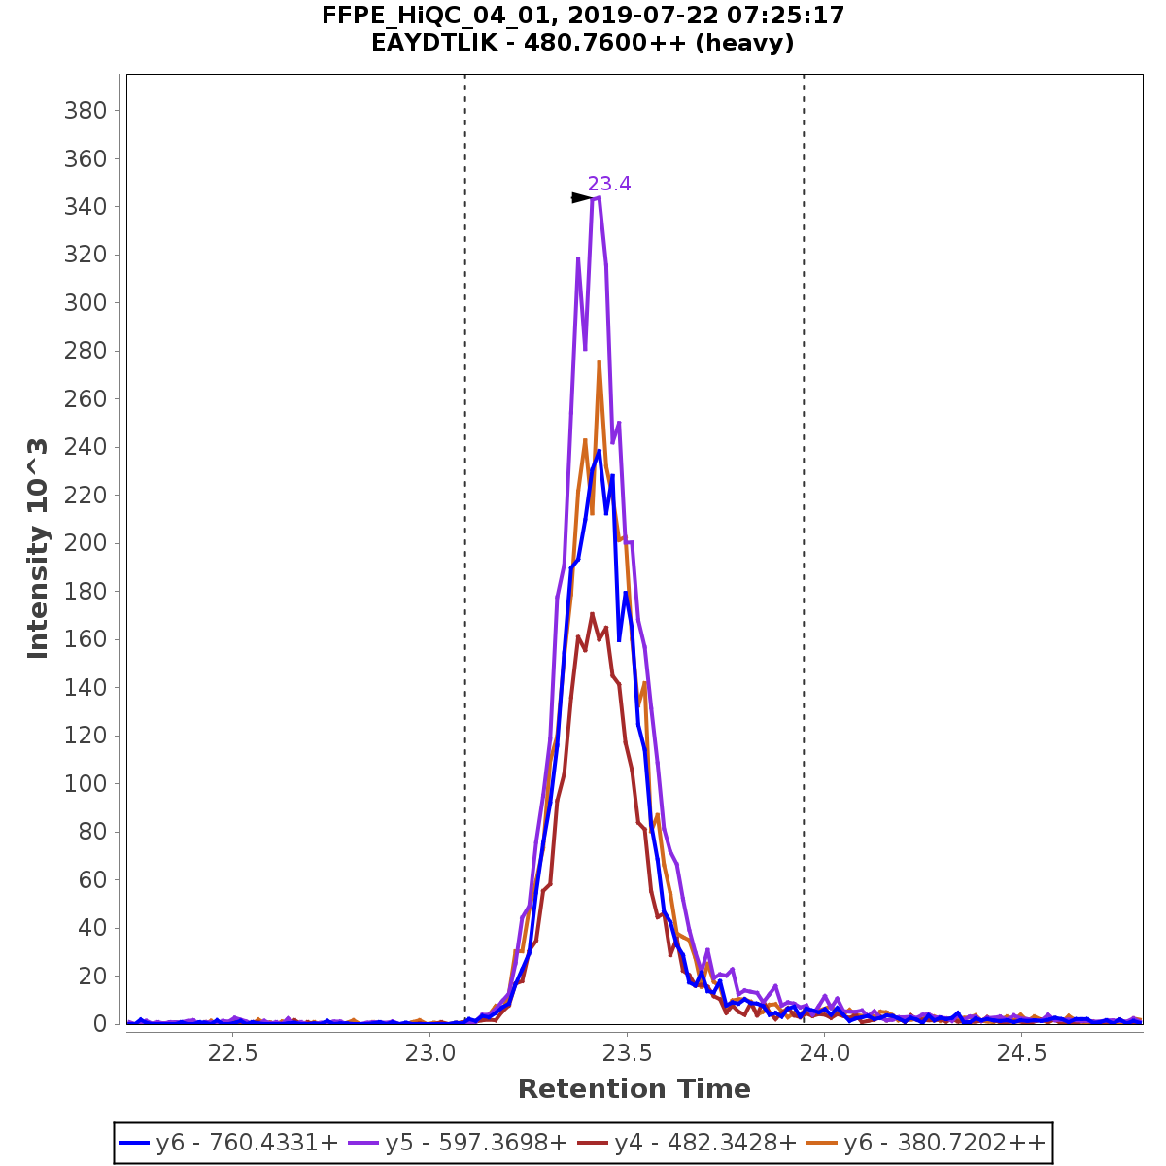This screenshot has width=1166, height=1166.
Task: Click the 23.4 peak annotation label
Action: point(609,184)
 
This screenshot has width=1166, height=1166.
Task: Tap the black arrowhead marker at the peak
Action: point(582,198)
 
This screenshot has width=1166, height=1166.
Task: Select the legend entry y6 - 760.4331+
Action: point(229,1143)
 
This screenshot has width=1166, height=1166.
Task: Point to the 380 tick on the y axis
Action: point(85,111)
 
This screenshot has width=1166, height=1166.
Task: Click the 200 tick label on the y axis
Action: point(85,543)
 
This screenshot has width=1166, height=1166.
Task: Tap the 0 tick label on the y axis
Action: point(99,1024)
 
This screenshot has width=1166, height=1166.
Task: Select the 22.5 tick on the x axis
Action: point(233,1053)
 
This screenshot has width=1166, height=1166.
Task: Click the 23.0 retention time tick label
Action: point(430,1053)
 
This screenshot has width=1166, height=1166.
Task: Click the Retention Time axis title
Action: point(634,1089)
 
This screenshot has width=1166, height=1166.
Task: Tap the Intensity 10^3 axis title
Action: point(38,549)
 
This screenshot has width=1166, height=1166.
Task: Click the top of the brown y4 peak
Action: point(593,613)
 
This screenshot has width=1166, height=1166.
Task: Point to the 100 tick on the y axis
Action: point(85,783)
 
